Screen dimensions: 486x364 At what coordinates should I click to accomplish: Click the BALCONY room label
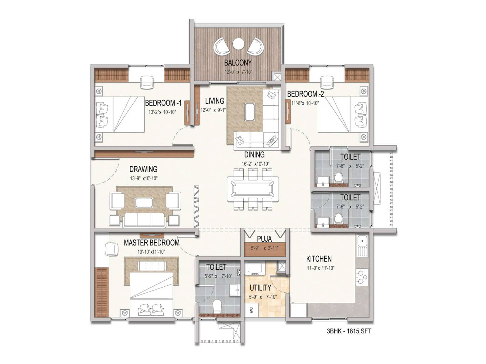[238, 63]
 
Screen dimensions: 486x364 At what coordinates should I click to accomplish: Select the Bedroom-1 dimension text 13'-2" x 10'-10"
[162, 112]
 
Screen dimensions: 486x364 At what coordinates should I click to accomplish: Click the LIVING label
[214, 101]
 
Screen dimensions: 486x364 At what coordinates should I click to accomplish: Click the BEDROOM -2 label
[305, 94]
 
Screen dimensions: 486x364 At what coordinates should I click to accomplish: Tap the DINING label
[254, 154]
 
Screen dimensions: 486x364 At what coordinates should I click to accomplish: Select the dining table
[253, 189]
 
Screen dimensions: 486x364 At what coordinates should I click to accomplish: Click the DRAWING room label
[143, 169]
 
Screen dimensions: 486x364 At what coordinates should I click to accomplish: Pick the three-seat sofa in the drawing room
[144, 220]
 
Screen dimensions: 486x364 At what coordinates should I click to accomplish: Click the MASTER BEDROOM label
[152, 243]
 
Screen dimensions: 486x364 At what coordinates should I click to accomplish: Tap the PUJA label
[264, 239]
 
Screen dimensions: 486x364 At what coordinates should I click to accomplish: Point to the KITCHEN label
[319, 258]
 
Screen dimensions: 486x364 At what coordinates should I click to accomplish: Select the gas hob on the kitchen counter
[362, 277]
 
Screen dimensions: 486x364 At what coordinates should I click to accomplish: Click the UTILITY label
[260, 288]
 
